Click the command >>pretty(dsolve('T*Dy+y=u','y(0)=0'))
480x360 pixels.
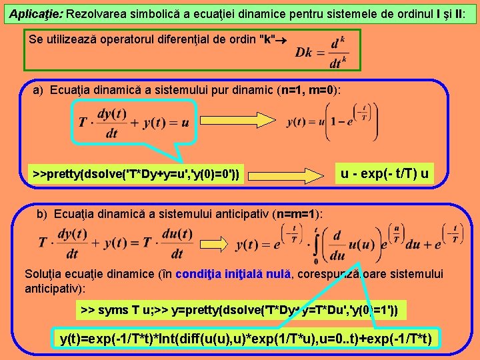(x=137, y=175)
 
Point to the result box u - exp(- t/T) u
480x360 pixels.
(x=385, y=175)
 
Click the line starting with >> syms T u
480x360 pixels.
(x=239, y=310)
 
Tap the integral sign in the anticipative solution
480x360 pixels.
(x=316, y=243)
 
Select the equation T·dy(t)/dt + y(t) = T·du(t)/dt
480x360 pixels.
(x=117, y=243)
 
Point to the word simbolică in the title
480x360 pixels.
(x=147, y=13)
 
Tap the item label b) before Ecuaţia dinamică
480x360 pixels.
(x=43, y=214)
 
